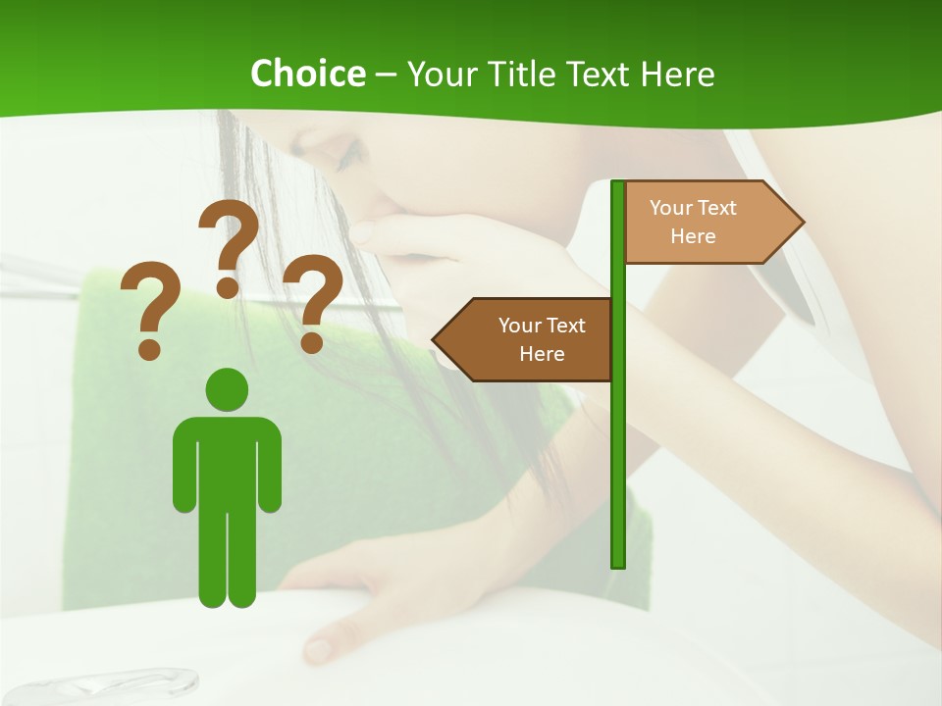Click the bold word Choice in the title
[x=307, y=74]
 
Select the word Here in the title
[x=677, y=74]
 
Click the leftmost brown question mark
[x=149, y=309]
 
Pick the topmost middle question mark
[x=229, y=246]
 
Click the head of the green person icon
[x=228, y=388]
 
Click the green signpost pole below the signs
[x=618, y=471]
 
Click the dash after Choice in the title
[x=386, y=76]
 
